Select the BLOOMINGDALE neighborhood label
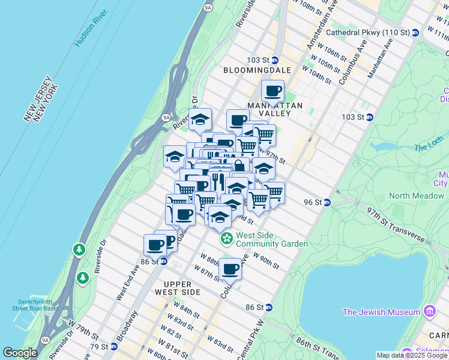[x=257, y=70]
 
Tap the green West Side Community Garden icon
[x=226, y=239]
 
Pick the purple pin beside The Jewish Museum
[x=429, y=311]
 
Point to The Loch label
[x=427, y=148]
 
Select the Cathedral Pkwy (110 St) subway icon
[x=415, y=32]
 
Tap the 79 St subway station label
[x=101, y=346]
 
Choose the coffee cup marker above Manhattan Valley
[x=273, y=91]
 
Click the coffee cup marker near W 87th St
[x=229, y=269]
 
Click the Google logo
[x=20, y=353]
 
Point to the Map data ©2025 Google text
[x=412, y=355]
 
